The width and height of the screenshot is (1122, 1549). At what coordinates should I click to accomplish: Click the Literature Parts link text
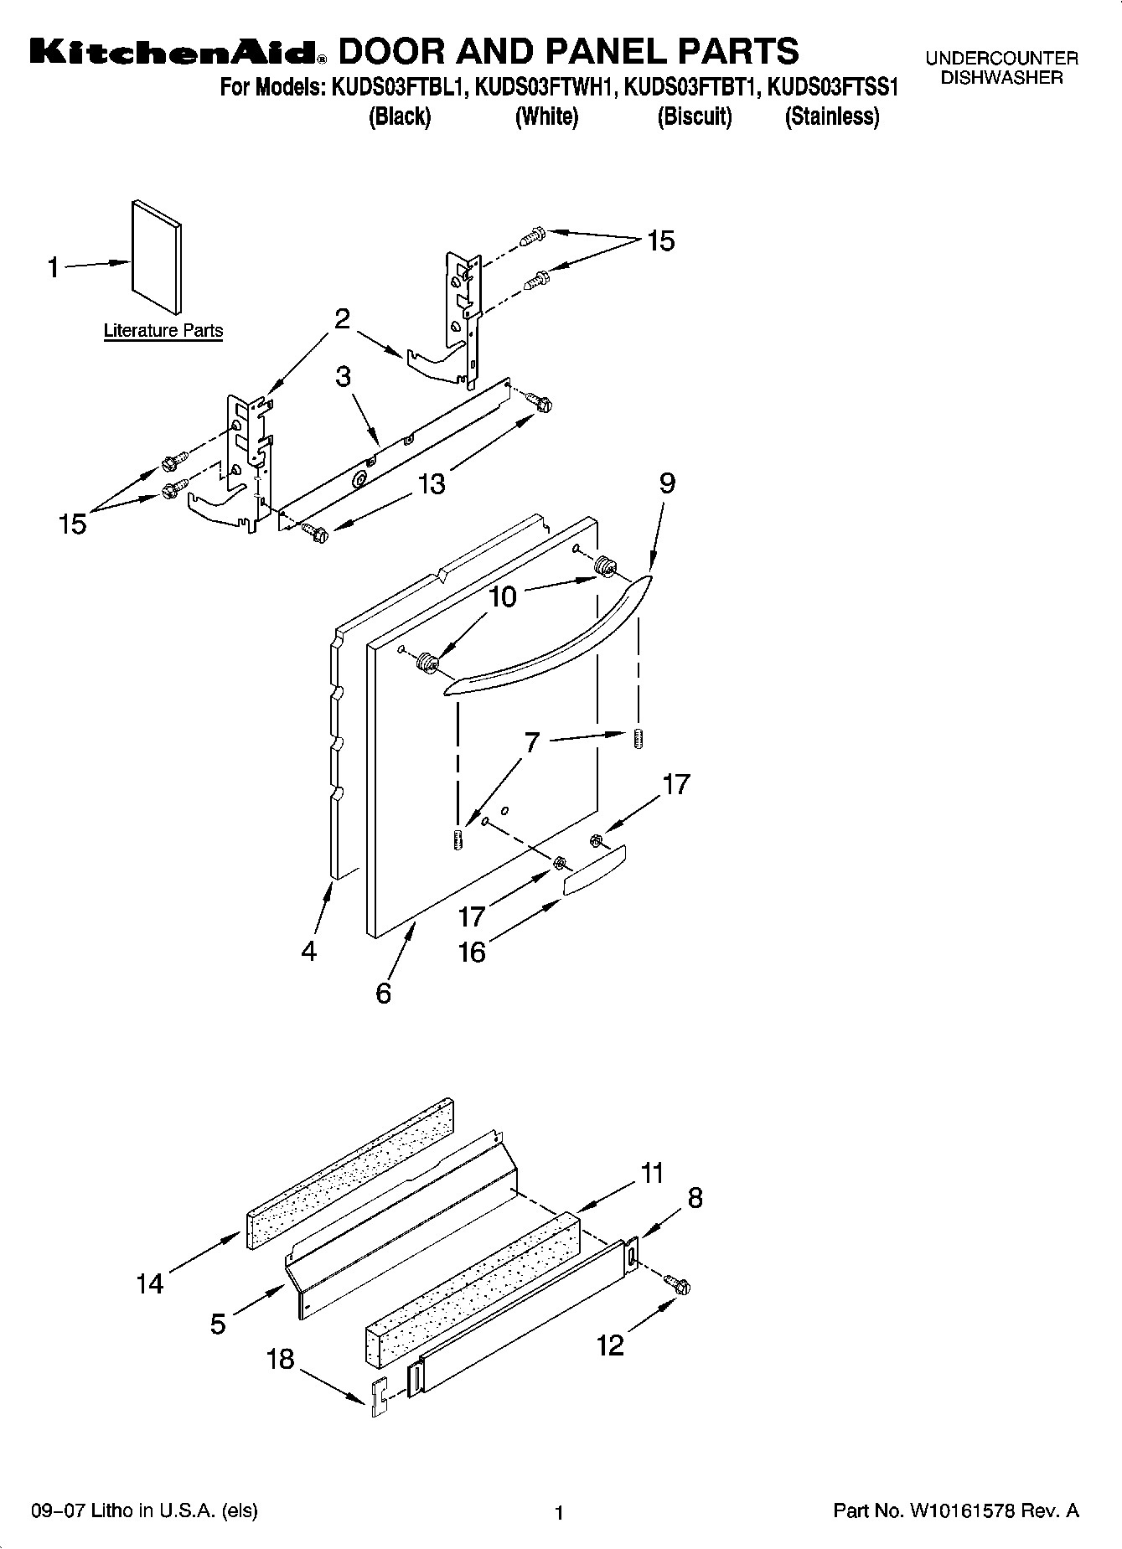[x=163, y=331]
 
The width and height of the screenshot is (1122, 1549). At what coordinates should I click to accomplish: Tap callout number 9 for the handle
[x=667, y=483]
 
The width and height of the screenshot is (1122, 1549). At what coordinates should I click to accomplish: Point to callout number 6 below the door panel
[x=384, y=994]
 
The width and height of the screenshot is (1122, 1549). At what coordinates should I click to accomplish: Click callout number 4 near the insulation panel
[x=309, y=952]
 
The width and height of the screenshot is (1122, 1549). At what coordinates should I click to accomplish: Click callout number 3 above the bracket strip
[x=343, y=377]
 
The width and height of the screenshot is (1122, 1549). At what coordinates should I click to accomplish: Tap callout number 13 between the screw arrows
[x=432, y=484]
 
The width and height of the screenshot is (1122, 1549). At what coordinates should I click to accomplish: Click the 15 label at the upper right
[x=660, y=241]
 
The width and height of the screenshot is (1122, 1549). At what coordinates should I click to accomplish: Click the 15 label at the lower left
[x=73, y=524]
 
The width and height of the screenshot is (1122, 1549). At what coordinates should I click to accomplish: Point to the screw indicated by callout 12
[x=678, y=1283]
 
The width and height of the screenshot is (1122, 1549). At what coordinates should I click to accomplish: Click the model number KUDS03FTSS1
[x=833, y=87]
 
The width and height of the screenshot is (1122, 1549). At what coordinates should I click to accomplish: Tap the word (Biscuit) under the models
[x=695, y=116]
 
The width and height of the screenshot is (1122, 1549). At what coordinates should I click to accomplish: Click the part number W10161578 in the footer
[x=962, y=1511]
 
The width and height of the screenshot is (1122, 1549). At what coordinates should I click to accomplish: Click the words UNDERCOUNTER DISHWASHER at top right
[x=1001, y=68]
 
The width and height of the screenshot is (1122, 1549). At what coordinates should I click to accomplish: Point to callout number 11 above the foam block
[x=652, y=1173]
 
